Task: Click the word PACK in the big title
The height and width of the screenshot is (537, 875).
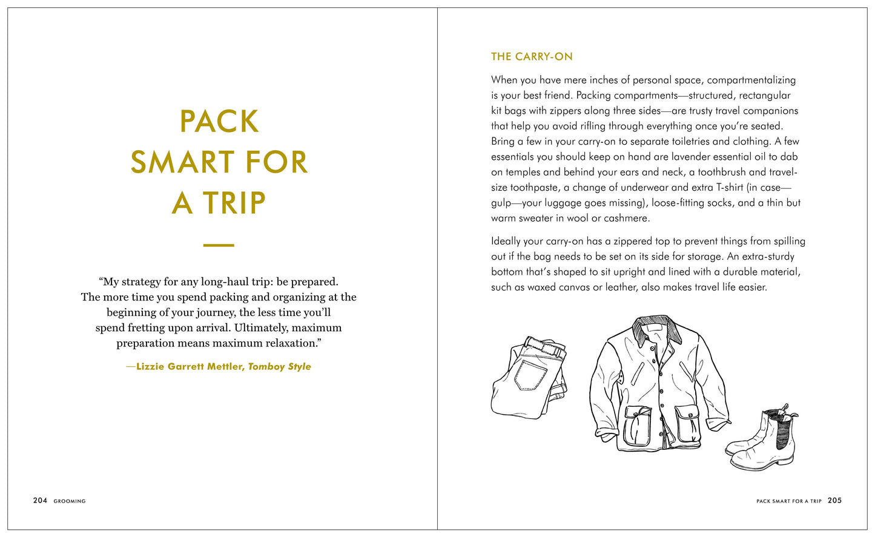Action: (219, 122)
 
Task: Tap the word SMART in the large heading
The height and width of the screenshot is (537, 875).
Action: (179, 162)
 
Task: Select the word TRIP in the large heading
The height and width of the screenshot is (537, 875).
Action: (234, 203)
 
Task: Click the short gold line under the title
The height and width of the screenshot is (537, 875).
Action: (219, 245)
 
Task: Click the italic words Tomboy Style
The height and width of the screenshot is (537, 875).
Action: (280, 367)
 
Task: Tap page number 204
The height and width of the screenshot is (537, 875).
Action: (40, 501)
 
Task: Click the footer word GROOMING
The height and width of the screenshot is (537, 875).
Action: (70, 501)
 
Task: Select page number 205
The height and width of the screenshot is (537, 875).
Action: (834, 501)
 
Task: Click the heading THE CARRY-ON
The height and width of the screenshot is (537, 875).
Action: (532, 57)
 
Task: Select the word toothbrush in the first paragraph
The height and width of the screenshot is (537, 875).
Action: (723, 173)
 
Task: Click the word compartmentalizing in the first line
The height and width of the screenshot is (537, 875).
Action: (751, 80)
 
